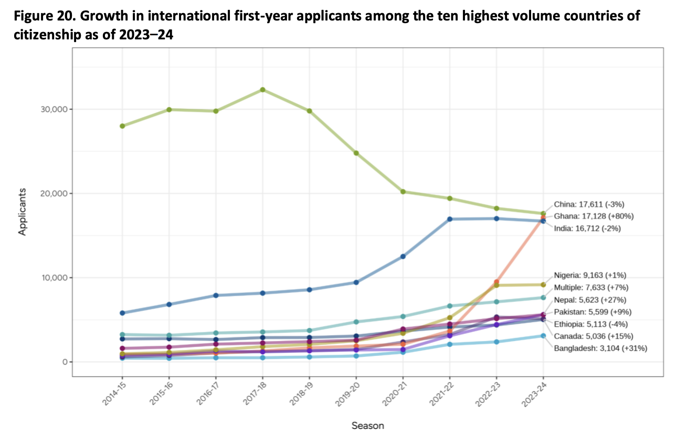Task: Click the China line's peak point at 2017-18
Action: click(262, 90)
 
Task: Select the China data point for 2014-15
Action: click(122, 126)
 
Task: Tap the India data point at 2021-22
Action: click(450, 219)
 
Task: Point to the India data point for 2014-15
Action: click(122, 313)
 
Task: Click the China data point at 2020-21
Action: click(403, 192)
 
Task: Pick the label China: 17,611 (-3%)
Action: click(589, 204)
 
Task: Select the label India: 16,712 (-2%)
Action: click(588, 228)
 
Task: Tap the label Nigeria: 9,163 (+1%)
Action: click(590, 275)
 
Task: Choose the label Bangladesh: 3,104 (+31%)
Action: click(600, 348)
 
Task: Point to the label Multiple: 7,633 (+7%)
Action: click(591, 287)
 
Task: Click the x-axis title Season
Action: click(367, 426)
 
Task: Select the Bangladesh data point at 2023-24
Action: click(543, 335)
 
